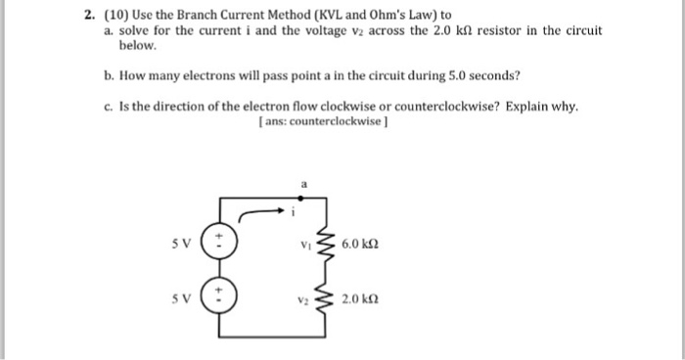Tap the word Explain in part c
pos(529,106)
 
